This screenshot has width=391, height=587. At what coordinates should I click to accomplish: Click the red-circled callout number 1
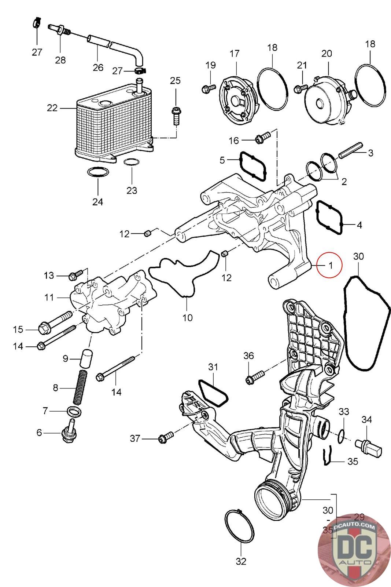[329, 265]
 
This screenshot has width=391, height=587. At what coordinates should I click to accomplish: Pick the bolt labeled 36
[255, 377]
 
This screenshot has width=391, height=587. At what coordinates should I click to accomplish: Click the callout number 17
[235, 54]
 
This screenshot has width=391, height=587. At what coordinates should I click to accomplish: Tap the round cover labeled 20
[324, 99]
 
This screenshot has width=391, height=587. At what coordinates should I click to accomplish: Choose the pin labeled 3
[350, 153]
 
